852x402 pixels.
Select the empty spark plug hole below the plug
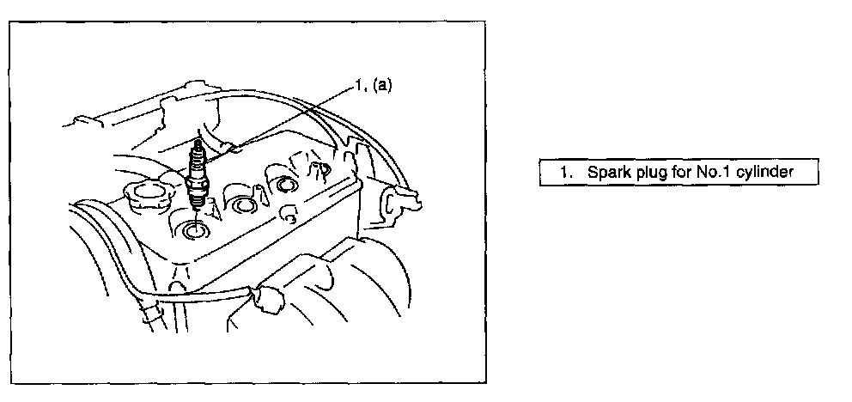(194, 230)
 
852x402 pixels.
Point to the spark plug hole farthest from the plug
(286, 185)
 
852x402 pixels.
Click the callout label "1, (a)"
(374, 85)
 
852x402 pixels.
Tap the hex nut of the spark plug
(197, 188)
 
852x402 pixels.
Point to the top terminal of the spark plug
(198, 144)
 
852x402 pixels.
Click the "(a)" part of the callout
(380, 85)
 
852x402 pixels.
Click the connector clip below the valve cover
(269, 299)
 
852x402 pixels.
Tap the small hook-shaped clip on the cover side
(289, 216)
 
